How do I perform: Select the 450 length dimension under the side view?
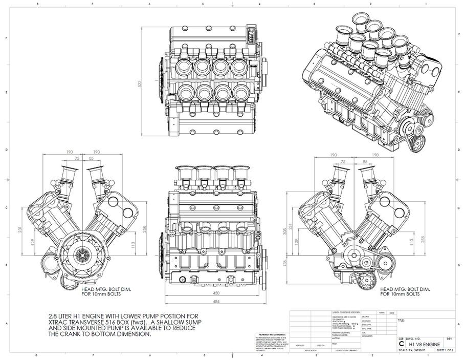coord(217,293)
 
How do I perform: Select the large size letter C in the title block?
coord(401,344)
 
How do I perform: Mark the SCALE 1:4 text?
coord(405,350)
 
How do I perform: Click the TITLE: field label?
coord(401,321)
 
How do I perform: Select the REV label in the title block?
coord(449,339)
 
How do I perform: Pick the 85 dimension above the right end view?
coord(365,162)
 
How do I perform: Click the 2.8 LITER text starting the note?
coord(58,315)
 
